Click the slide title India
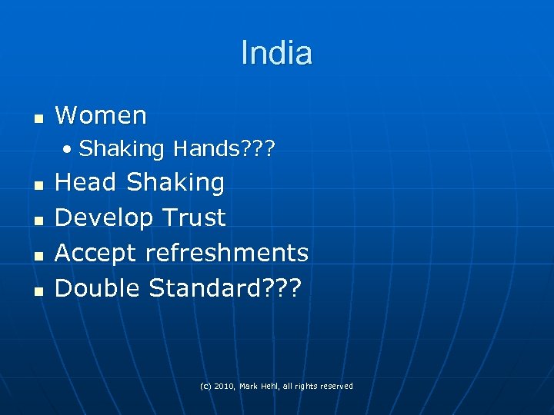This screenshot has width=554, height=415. click(x=276, y=53)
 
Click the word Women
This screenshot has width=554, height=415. click(x=101, y=116)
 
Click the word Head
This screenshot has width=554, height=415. click(x=86, y=183)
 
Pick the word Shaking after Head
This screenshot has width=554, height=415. click(x=175, y=183)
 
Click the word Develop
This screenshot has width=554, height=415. click(x=105, y=218)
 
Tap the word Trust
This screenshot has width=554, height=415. click(x=194, y=217)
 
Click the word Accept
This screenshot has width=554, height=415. click(x=95, y=253)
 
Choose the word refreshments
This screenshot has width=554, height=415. click(x=226, y=253)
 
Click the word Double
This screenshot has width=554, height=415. click(x=98, y=288)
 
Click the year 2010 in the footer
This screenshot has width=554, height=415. click(x=225, y=386)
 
